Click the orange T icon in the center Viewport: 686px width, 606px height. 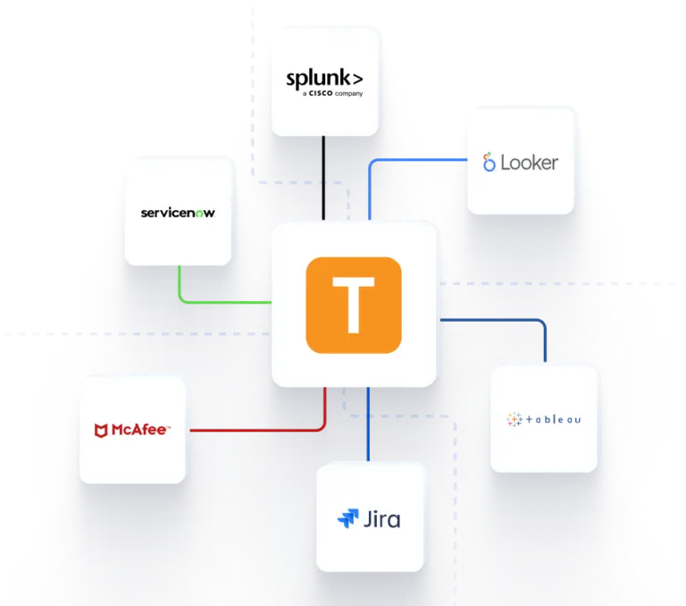pos(354,305)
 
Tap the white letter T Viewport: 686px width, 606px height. pos(354,305)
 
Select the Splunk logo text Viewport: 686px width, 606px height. pos(324,79)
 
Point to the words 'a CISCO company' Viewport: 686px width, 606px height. pos(332,93)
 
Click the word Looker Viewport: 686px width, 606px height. pos(530,163)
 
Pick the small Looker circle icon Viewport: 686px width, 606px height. pos(489,162)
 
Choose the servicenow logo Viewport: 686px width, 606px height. pos(178,213)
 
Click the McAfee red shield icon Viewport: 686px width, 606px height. pos(101,431)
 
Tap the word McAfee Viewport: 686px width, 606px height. pos(139,430)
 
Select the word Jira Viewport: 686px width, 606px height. pos(382,519)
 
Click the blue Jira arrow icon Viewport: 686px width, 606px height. pos(348,518)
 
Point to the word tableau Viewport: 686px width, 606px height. pos(554,419)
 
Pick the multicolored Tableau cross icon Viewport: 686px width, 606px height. pos(514,419)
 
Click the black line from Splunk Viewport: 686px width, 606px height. pos(323,178)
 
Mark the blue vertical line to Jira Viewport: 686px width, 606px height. pos(368,424)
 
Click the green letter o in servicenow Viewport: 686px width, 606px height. pos(199,214)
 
